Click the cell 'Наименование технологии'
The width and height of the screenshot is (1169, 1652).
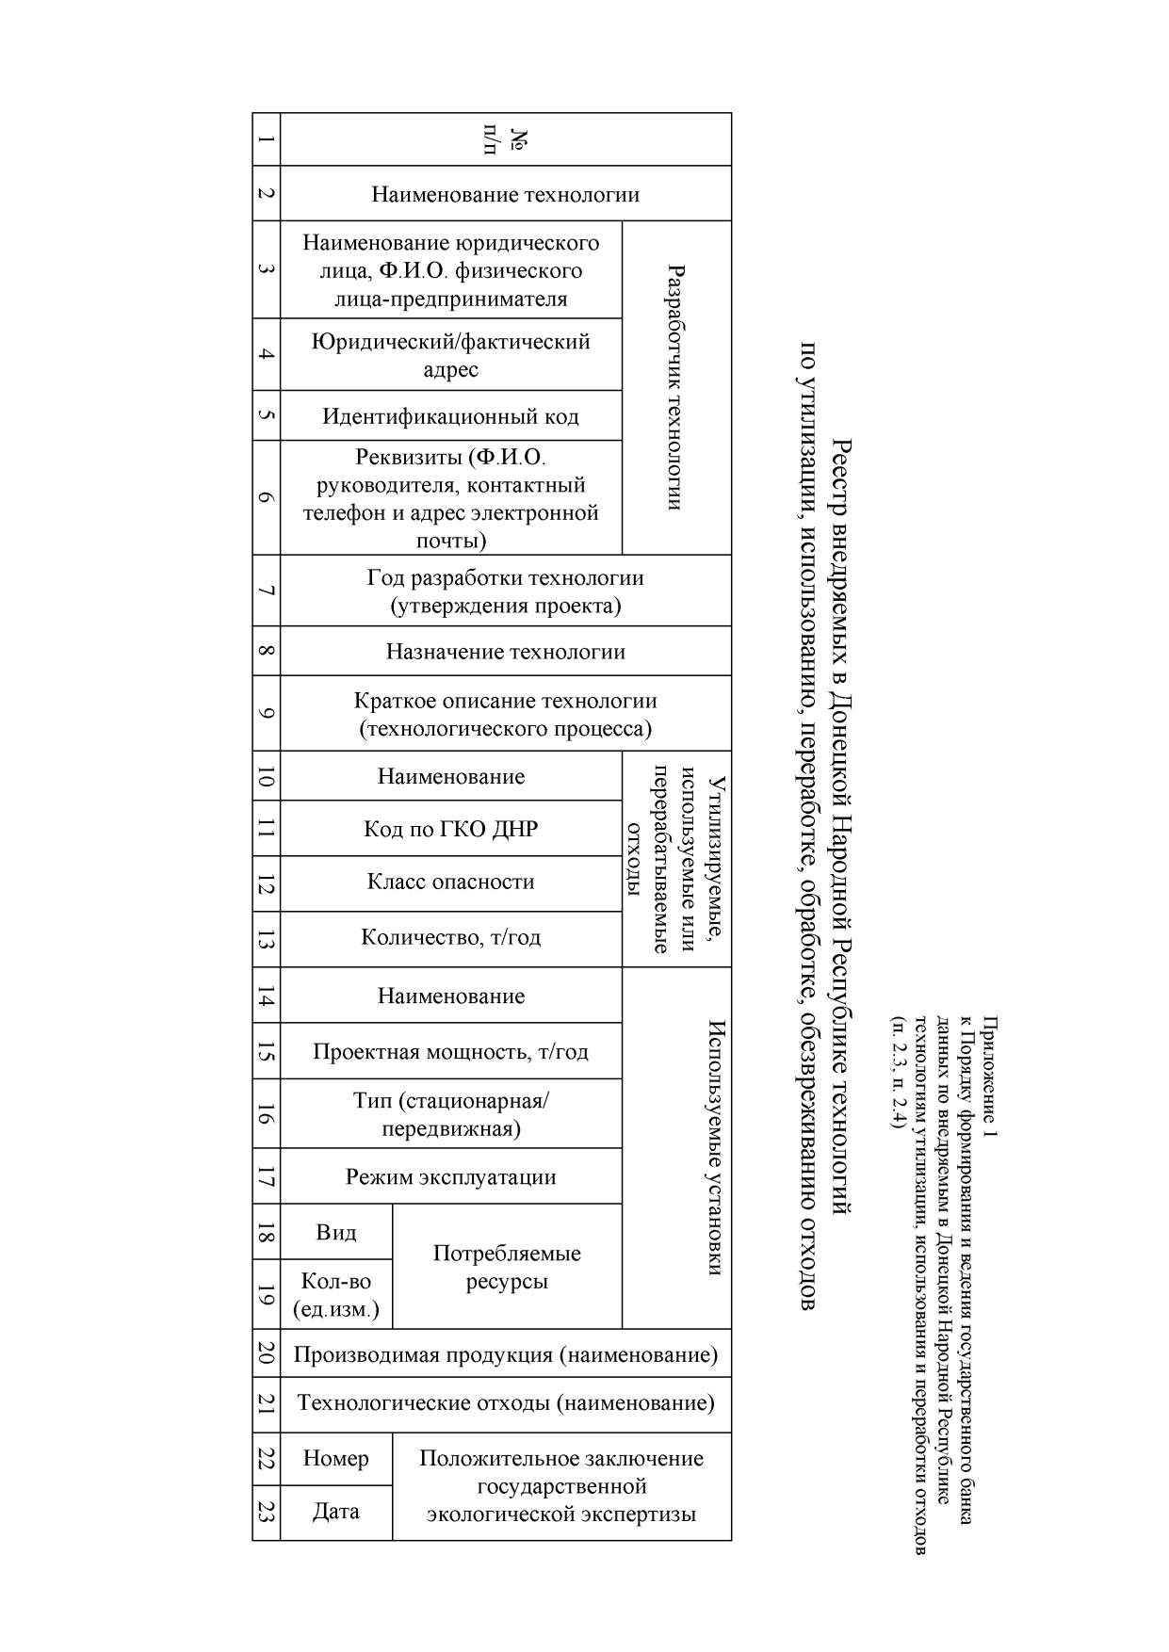pos(506,194)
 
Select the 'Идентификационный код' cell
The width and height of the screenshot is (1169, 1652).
pos(450,415)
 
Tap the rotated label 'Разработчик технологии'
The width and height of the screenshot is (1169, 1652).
pos(675,387)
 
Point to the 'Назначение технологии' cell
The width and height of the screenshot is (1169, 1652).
pos(506,651)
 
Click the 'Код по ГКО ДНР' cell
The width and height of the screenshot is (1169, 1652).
pos(450,829)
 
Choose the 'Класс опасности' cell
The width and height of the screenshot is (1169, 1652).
pos(450,883)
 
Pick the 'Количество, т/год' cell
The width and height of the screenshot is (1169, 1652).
pos(450,938)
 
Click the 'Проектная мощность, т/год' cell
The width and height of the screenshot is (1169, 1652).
pos(450,1051)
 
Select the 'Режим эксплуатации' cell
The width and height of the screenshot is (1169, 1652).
pos(450,1176)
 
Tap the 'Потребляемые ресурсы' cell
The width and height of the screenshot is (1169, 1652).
pos(507,1267)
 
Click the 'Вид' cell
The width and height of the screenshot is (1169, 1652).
pos(336,1232)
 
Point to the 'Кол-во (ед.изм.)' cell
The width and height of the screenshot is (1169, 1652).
pos(336,1294)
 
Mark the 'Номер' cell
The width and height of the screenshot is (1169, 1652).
pos(336,1458)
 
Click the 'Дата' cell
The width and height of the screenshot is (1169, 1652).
pos(336,1512)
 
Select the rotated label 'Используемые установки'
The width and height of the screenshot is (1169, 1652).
pos(716,1147)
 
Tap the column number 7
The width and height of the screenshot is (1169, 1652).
pos(267,591)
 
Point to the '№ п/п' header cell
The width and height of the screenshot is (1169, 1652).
pos(506,139)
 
